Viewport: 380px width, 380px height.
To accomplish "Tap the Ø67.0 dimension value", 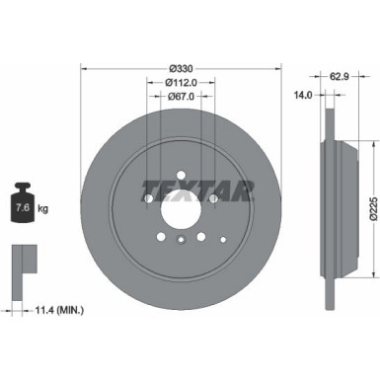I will click(180, 96).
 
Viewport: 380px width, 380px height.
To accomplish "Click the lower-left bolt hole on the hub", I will click(160, 237).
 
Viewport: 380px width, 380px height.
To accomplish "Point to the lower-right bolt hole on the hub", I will click(200, 237).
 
